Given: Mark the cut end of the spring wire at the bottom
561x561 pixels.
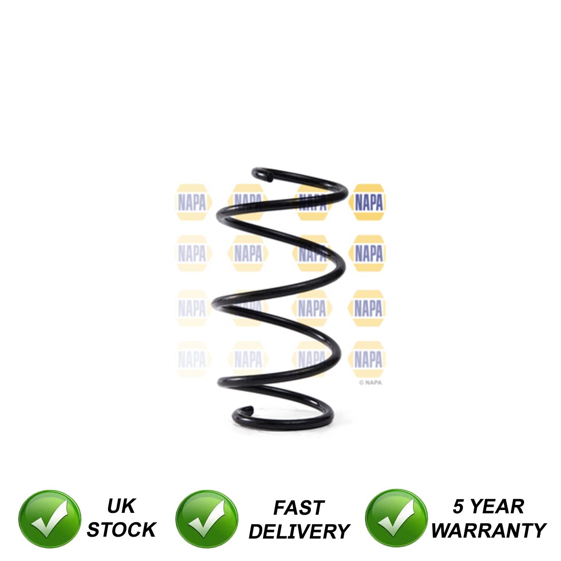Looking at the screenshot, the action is pos(250,410).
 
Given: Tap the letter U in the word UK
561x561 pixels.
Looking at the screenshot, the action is pos(114,506).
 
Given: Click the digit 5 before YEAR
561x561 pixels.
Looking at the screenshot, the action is pos(458,506).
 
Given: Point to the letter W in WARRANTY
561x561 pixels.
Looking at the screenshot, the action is pos(443,530).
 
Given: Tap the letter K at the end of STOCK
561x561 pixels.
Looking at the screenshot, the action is pos(149,530).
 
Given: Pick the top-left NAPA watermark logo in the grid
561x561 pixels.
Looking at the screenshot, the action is pos(193,202).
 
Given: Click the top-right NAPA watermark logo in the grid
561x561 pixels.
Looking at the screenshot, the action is pos(367,202).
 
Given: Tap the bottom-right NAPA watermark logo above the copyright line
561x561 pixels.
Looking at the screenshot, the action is pos(367,359).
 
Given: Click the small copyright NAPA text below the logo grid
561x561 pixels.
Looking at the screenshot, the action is pos(370,382).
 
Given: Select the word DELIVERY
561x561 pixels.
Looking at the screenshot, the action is pos(299,531).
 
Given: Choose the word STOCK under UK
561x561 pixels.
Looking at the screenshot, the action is pos(122,530).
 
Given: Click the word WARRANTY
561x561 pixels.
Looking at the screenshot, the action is pos(489,530).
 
